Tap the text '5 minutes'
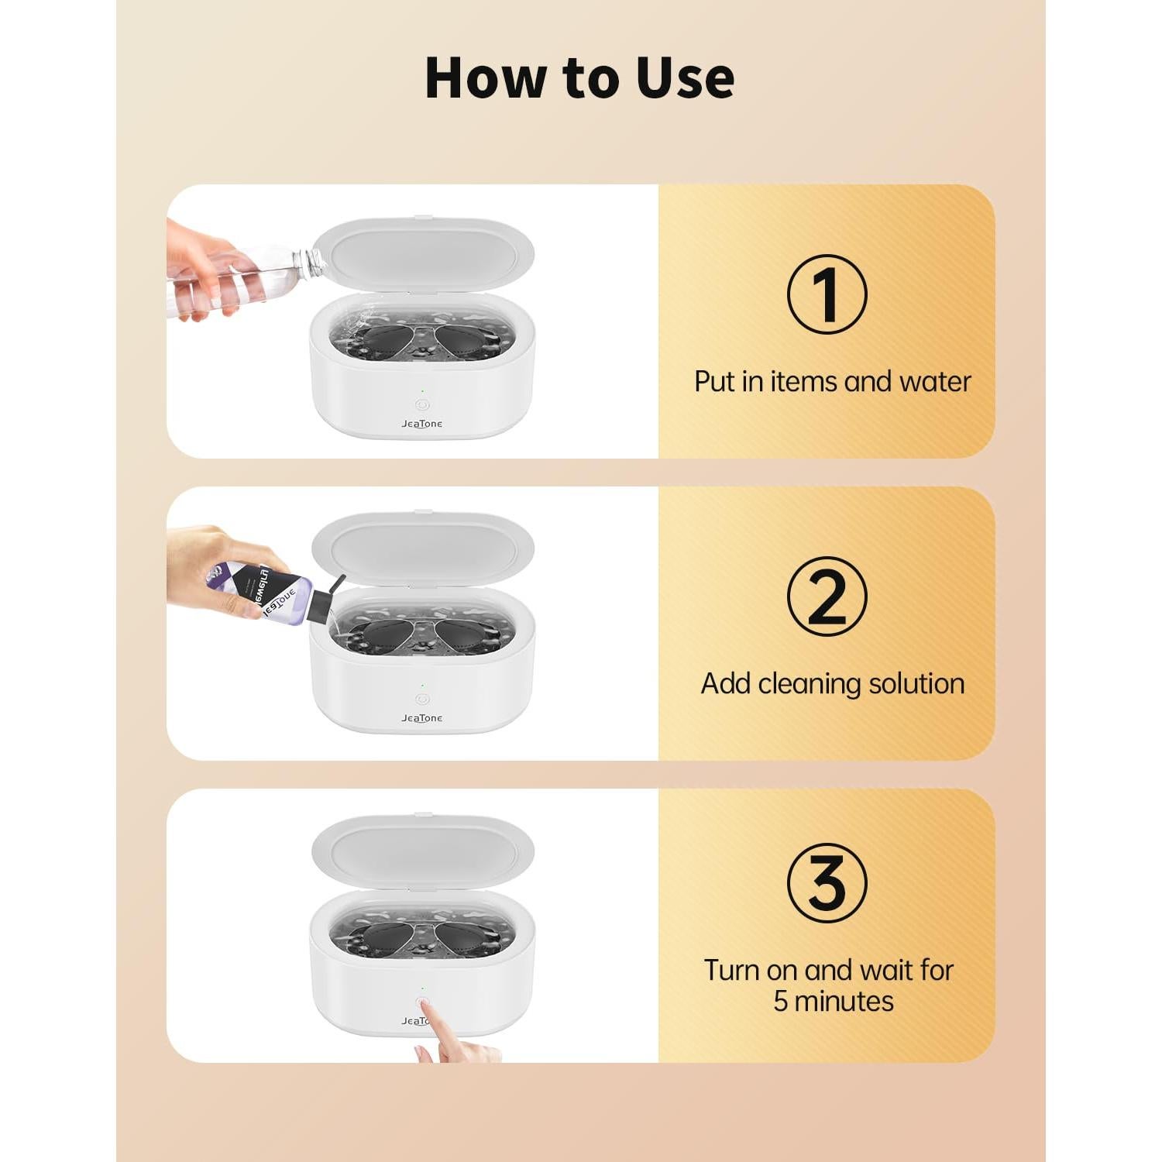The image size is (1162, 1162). pos(833,1001)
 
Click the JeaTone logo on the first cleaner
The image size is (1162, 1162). pos(422,424)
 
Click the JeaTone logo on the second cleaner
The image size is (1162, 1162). pos(422,718)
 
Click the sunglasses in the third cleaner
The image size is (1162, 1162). pos(423,937)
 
